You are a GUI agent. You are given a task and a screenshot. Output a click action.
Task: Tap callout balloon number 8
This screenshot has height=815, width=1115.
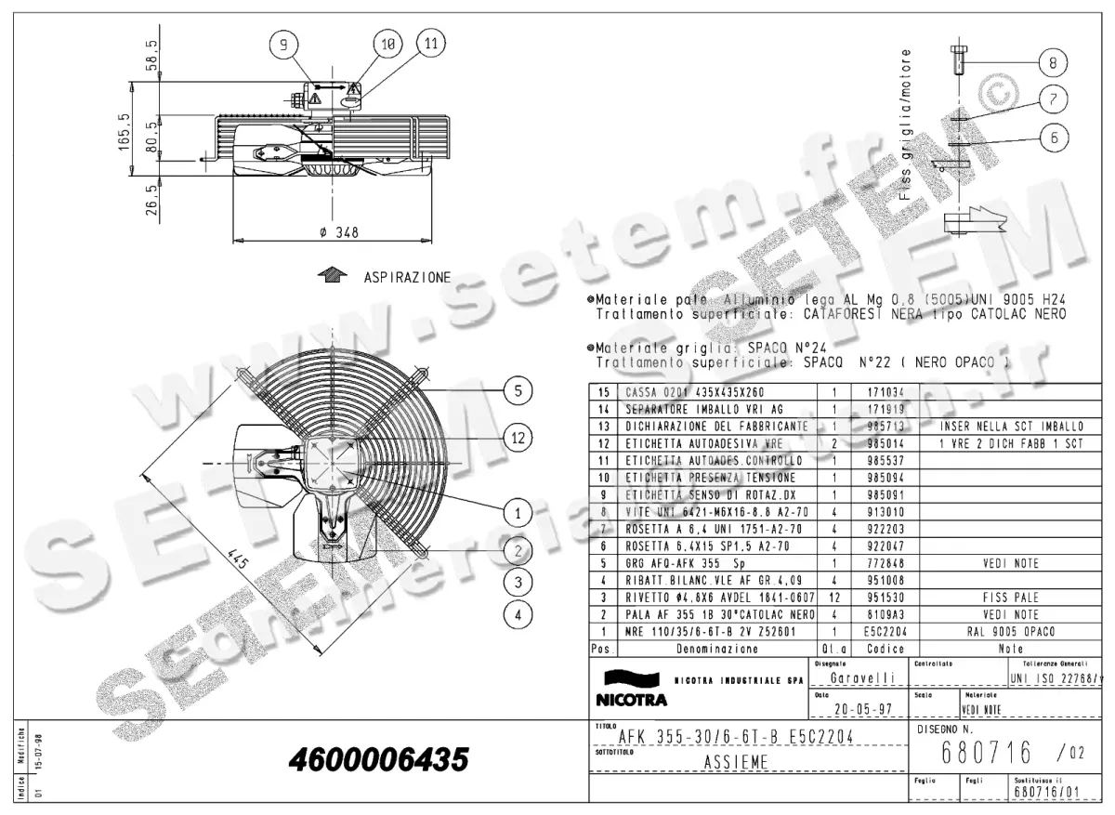pyautogui.click(x=1052, y=63)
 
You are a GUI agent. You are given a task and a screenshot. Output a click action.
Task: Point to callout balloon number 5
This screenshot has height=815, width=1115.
pyautogui.click(x=518, y=390)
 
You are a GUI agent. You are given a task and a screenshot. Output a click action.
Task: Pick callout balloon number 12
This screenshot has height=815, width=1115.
pyautogui.click(x=518, y=437)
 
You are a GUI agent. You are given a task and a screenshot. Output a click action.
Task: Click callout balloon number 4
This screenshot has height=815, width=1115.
pyautogui.click(x=518, y=613)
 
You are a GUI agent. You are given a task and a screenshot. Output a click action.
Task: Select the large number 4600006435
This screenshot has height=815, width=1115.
pyautogui.click(x=378, y=760)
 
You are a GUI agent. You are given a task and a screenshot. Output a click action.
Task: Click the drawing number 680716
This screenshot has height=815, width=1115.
pyautogui.click(x=975, y=750)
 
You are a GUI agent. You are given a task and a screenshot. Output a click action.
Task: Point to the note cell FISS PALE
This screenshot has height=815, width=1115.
pyautogui.click(x=1011, y=598)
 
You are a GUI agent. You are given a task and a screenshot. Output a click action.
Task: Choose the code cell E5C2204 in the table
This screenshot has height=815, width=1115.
pyautogui.click(x=880, y=631)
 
